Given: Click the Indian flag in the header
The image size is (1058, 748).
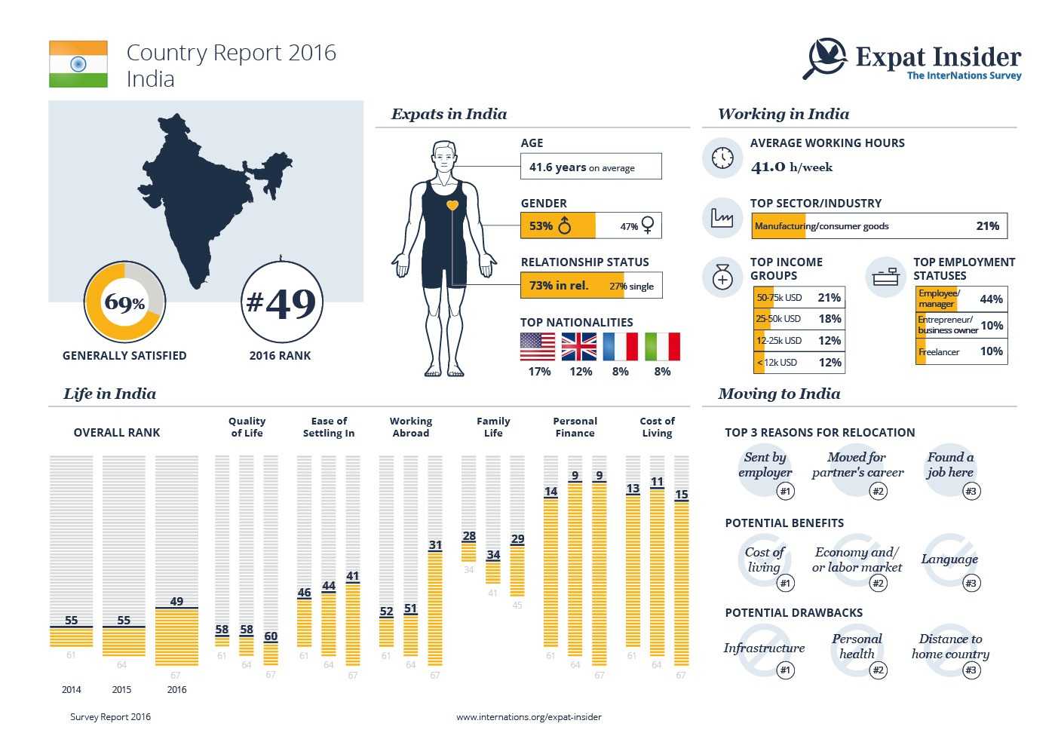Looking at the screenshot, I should (x=78, y=64).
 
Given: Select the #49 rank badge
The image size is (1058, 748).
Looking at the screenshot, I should (x=281, y=302).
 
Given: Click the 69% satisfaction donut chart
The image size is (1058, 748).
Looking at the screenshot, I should (x=124, y=302).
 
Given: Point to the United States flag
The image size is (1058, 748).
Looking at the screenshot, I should (x=538, y=347).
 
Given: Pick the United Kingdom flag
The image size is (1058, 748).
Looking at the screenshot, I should (x=579, y=347).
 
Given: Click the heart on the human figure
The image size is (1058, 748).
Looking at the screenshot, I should (x=452, y=205).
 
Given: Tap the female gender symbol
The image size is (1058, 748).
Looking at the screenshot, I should (x=647, y=225).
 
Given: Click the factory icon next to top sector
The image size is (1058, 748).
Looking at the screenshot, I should (x=722, y=218).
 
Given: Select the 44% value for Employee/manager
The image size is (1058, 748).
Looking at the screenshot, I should (x=991, y=299).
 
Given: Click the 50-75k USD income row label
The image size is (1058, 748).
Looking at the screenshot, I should (x=779, y=298).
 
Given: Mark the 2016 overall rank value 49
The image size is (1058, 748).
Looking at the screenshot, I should (x=176, y=601).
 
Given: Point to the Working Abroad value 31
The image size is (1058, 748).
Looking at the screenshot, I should (x=435, y=545).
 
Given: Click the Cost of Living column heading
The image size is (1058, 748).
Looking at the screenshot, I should (x=657, y=427).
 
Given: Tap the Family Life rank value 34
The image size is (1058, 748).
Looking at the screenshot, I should (x=493, y=555).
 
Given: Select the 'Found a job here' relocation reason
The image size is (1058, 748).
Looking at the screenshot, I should (x=950, y=464).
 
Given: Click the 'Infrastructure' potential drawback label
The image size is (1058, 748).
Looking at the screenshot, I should (x=764, y=648).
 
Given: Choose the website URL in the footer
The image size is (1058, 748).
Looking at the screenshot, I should (x=529, y=717).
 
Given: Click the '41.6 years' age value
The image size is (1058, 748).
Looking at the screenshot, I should (x=557, y=167).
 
